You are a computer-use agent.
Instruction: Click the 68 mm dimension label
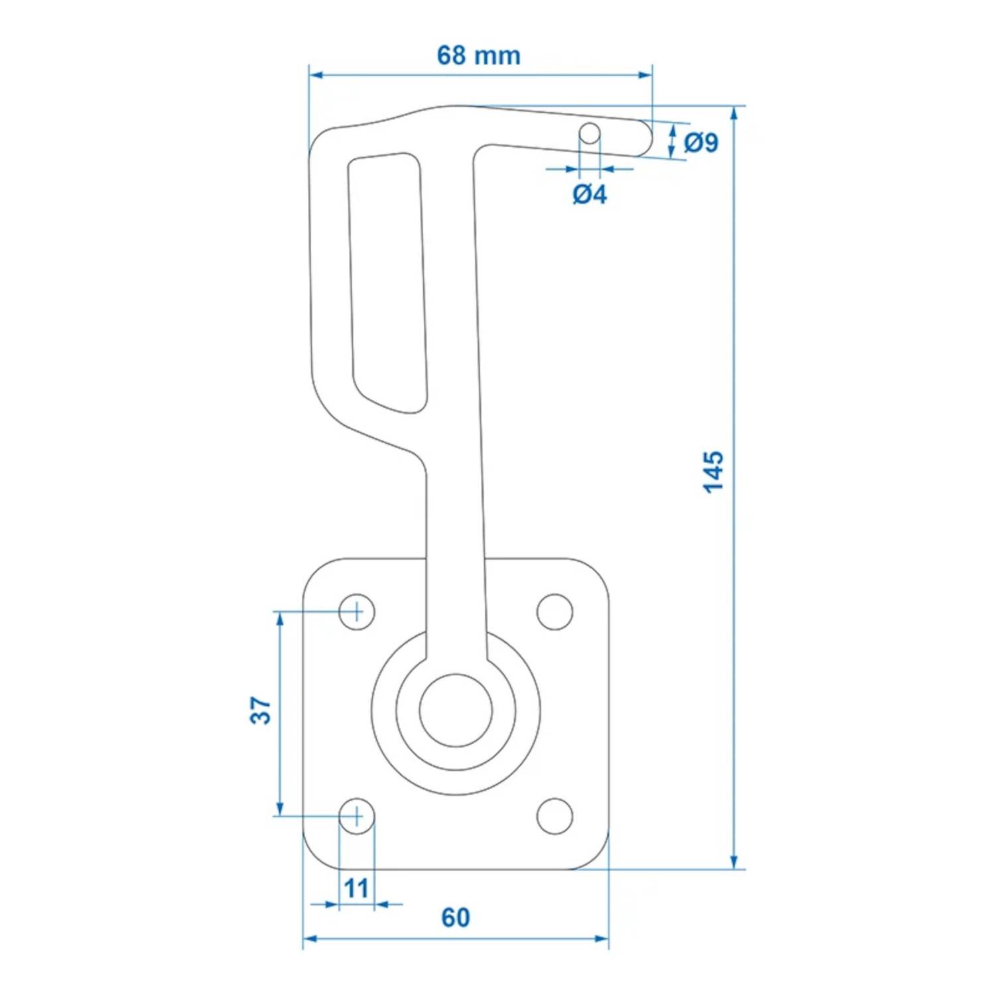[478, 56]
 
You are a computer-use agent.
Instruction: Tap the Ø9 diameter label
[700, 143]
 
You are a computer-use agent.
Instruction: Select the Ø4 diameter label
[589, 194]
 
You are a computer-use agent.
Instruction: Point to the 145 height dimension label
[714, 472]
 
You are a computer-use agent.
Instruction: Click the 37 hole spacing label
[261, 710]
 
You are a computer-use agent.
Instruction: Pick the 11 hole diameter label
[356, 888]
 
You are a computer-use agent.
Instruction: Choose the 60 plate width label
[456, 917]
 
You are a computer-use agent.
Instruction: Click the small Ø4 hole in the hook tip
[590, 133]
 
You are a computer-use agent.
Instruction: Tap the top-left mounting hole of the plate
[357, 611]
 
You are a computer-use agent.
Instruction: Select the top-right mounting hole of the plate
[555, 612]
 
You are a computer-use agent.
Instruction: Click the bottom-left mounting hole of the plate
[357, 816]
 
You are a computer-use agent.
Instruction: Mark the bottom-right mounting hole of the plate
[555, 816]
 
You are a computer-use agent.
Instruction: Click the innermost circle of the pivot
[456, 710]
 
